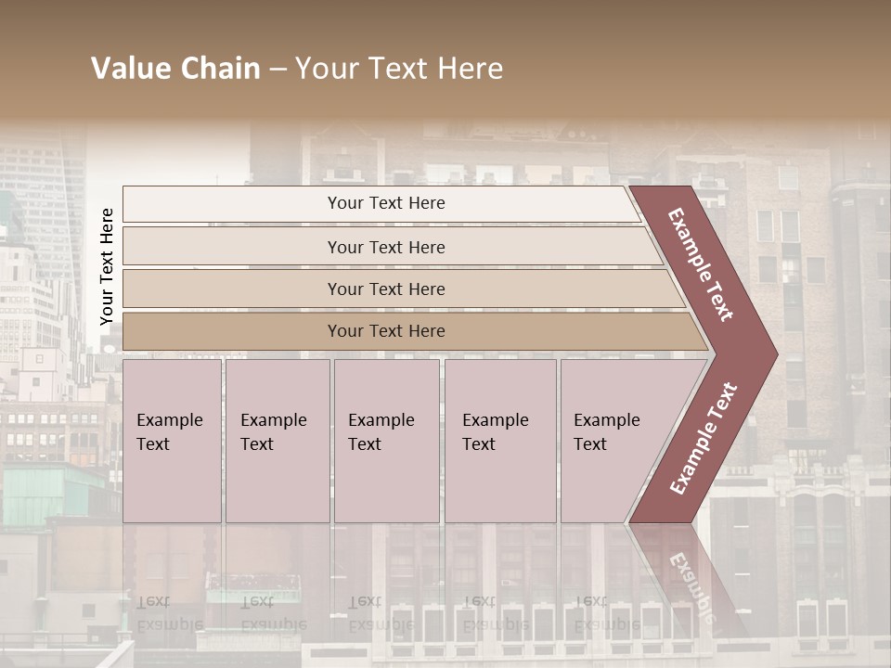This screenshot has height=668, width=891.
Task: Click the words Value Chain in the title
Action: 175,69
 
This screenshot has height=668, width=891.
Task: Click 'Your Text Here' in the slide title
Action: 399,69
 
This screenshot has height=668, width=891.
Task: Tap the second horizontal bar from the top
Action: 386,247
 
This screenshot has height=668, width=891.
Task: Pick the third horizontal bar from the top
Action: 386,289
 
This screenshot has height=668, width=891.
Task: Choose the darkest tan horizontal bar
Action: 386,331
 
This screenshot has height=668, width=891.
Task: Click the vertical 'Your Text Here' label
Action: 107,266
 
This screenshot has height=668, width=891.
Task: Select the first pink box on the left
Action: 172,441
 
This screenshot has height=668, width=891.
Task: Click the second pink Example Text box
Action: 278,441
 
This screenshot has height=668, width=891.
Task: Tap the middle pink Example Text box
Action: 386,441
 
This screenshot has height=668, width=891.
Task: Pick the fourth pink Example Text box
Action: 500,441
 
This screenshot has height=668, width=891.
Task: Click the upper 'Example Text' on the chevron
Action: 701,264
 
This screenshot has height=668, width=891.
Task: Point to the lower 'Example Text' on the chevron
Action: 704,439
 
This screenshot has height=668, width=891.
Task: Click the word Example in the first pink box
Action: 170,420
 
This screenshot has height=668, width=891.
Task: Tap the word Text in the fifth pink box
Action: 590,444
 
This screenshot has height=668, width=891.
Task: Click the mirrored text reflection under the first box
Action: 169,612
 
